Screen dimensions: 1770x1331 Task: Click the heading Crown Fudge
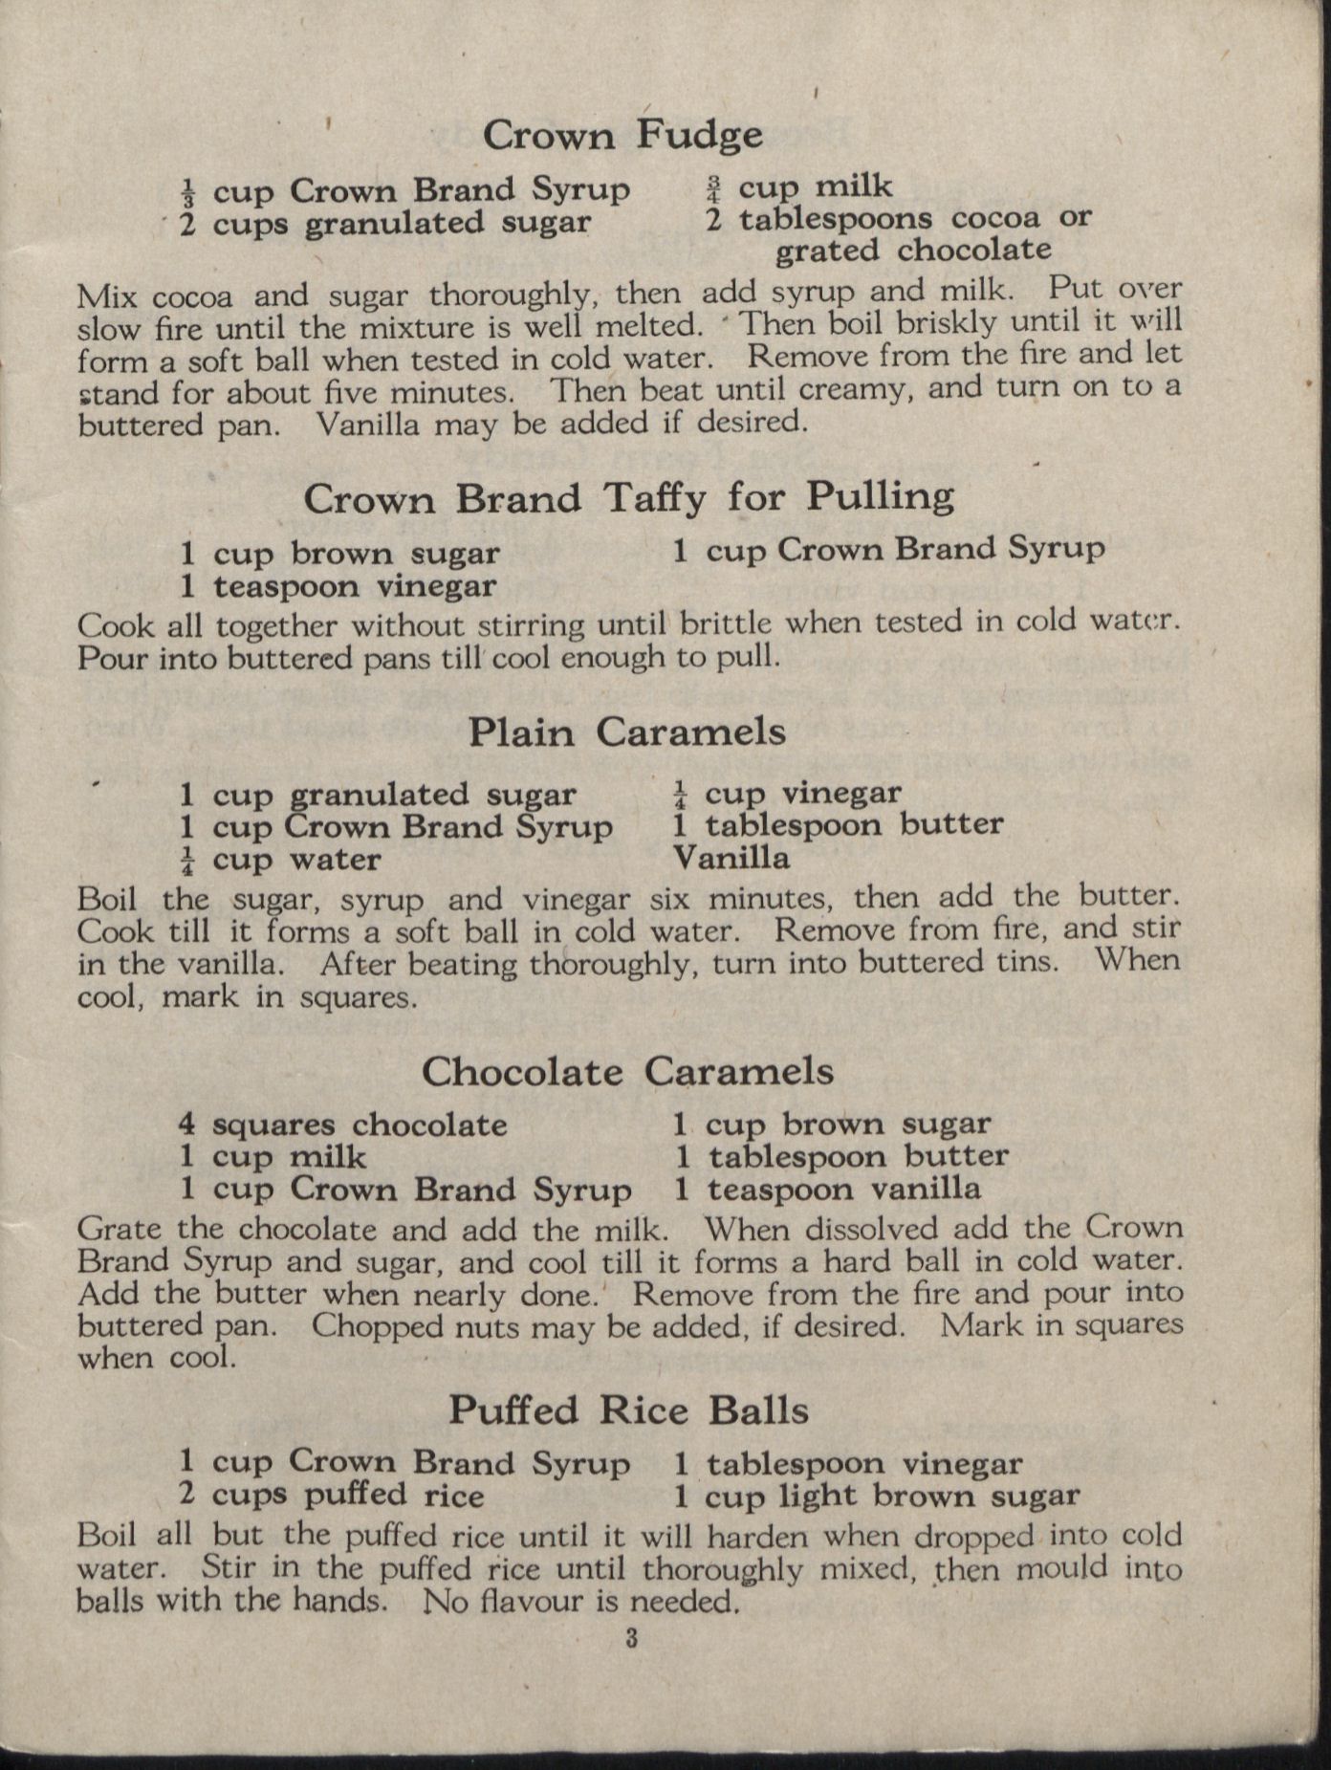point(622,135)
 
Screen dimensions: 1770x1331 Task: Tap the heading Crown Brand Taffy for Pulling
point(628,497)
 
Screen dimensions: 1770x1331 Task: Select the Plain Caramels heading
point(627,732)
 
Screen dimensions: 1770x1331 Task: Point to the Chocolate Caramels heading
point(627,1071)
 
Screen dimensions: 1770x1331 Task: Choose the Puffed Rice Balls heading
point(628,1410)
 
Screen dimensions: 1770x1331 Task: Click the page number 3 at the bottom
point(631,1638)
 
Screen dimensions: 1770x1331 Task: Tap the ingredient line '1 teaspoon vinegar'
point(338,585)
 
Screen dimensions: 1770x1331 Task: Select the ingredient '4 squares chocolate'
point(342,1125)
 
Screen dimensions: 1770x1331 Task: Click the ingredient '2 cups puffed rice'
point(331,1494)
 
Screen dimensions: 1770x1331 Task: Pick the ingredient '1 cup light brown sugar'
point(876,1496)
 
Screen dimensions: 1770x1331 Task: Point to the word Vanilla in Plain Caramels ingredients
point(731,858)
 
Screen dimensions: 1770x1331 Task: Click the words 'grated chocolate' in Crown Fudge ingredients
point(912,251)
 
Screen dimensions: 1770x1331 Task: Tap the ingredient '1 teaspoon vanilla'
point(827,1189)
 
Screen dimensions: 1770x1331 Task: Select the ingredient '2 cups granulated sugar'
point(385,224)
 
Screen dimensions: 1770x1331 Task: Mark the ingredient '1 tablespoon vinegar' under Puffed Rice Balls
point(847,1463)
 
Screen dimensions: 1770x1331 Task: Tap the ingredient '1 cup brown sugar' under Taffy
point(339,553)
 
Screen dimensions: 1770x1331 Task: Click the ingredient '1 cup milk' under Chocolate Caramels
point(273,1157)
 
